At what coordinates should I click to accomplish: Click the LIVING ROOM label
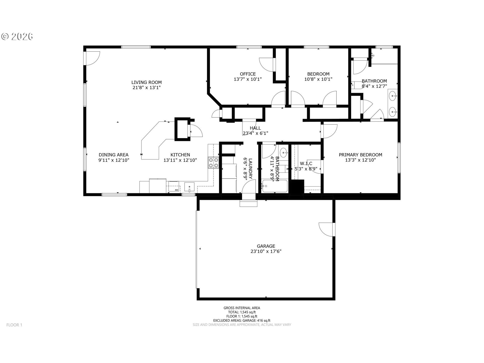[146, 82]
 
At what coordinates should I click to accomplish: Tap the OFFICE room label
[248, 74]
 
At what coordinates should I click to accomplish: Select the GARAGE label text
[266, 246]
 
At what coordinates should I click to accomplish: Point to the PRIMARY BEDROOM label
[360, 155]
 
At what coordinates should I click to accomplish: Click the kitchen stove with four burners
[213, 163]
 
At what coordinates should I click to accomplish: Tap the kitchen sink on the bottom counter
[190, 187]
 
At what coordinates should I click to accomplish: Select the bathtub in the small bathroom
[275, 186]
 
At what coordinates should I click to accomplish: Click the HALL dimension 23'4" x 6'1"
[255, 133]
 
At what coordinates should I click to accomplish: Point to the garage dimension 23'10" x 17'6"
[266, 251]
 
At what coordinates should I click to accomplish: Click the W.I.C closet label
[306, 164]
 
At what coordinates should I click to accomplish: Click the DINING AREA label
[113, 155]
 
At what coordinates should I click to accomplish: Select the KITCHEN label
[180, 155]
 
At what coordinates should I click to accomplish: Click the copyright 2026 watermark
[17, 37]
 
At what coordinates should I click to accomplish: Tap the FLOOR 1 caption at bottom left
[14, 325]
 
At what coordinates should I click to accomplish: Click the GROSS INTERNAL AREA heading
[242, 308]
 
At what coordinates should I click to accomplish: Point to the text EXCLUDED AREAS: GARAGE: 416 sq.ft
[242, 320]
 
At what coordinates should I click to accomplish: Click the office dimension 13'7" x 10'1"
[248, 79]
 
